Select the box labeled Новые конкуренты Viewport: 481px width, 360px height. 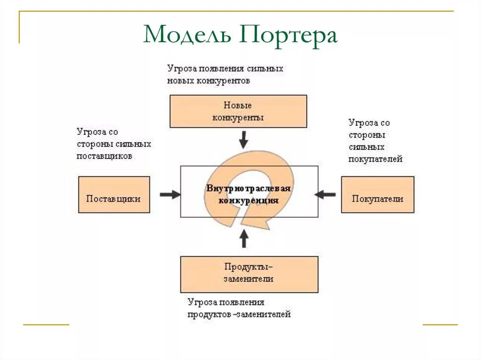[x=238, y=111]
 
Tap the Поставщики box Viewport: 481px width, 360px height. [x=114, y=194]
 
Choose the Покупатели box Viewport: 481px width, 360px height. [x=378, y=194]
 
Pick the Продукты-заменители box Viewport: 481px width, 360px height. [x=249, y=274]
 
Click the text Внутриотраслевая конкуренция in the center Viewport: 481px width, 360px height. [x=248, y=194]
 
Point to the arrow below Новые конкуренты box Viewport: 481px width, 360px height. [x=243, y=139]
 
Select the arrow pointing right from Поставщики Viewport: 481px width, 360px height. [x=170, y=194]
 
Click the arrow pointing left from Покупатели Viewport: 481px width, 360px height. [x=326, y=194]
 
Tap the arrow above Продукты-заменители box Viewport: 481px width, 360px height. [x=243, y=238]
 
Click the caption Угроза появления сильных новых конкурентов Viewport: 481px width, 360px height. [x=225, y=74]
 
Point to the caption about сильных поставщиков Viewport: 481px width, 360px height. [x=114, y=144]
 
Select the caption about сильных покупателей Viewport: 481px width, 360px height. [x=375, y=141]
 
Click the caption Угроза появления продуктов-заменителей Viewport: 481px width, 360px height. [x=239, y=308]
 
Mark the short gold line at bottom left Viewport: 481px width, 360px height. [x=46, y=324]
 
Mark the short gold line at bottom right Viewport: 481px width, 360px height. [x=440, y=324]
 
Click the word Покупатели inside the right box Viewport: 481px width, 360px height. [x=378, y=199]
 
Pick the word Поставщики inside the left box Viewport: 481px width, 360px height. [x=113, y=199]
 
